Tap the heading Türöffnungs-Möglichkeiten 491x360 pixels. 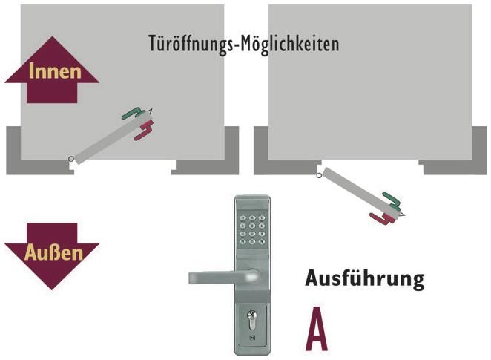[x=244, y=44]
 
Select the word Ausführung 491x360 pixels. [x=364, y=279]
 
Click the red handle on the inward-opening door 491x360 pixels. [x=142, y=132]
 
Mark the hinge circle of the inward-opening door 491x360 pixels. [x=70, y=159]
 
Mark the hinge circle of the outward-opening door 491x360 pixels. [x=319, y=175]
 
